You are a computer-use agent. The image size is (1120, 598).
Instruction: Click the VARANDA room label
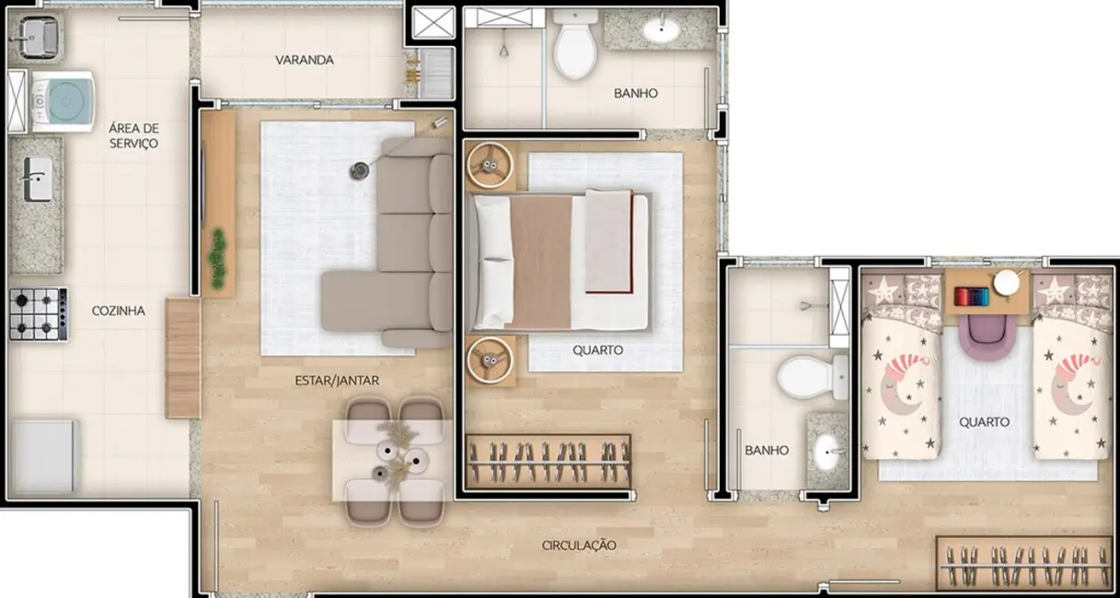click(x=304, y=61)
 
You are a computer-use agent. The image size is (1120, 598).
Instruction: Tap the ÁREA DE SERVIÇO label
click(x=133, y=135)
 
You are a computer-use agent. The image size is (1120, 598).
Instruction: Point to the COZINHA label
click(x=118, y=311)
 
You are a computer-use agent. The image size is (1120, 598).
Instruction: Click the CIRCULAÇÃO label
click(x=579, y=546)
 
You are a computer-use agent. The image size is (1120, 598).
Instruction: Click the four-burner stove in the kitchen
click(x=38, y=315)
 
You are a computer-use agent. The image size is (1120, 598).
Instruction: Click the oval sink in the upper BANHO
click(x=662, y=30)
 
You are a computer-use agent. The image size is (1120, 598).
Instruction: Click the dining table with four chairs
click(x=394, y=460)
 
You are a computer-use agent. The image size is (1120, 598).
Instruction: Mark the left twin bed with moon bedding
click(x=900, y=373)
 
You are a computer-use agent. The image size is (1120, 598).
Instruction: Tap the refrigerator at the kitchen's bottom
click(x=43, y=457)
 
